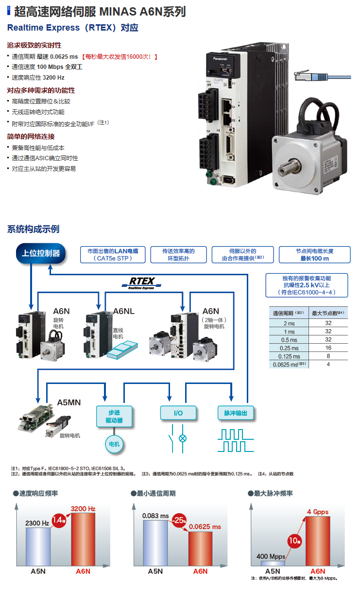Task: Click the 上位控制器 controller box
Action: pos(41,253)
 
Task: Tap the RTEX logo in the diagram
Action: pos(141,282)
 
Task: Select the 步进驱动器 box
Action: pos(114,416)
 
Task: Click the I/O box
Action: pos(178,413)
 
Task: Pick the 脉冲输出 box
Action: pos(236,413)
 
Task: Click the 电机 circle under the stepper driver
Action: pos(114,444)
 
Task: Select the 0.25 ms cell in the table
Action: pos(289,348)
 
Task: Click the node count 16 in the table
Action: pos(328,348)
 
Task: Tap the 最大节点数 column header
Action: pos(328,313)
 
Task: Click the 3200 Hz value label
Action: pos(83,509)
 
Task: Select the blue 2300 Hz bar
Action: pos(38,546)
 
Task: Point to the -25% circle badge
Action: pos(179,520)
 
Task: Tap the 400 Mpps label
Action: pos(270,556)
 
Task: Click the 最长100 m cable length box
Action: pos(314,255)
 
